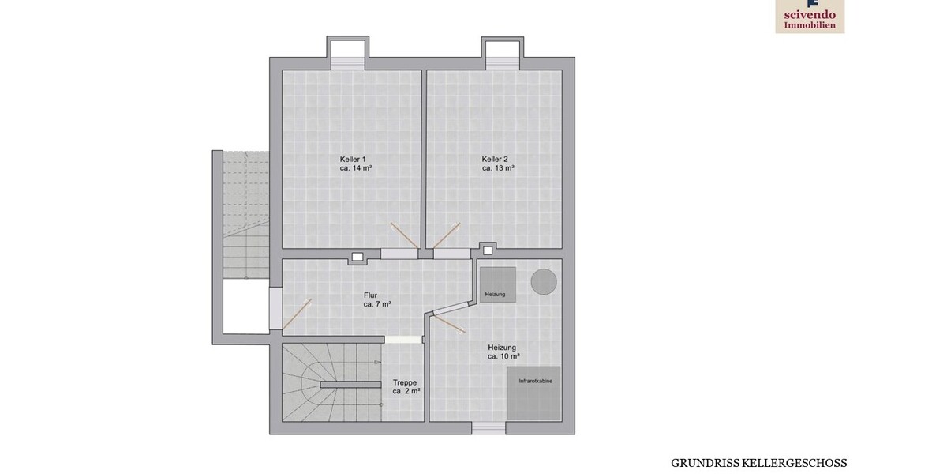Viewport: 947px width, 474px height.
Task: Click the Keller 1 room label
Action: point(353,159)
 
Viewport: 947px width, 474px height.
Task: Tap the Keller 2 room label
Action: point(495,159)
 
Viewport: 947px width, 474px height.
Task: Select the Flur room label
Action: point(370,295)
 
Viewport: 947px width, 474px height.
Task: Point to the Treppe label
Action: point(405,382)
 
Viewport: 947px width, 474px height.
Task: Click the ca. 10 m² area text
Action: point(503,356)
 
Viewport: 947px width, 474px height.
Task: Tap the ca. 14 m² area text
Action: point(356,168)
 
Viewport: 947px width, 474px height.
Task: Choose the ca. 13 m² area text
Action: point(498,168)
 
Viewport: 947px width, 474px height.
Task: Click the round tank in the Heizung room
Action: point(544,281)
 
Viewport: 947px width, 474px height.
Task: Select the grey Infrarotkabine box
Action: point(533,393)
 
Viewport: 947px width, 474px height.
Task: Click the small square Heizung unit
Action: point(498,284)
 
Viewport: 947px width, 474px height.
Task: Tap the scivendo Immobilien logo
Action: point(810,16)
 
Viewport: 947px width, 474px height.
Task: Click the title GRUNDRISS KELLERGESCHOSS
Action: point(759,463)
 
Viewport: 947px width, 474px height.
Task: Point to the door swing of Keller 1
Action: point(405,235)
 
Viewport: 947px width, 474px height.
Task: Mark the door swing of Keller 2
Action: point(447,235)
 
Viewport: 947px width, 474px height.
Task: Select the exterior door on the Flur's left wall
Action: point(275,309)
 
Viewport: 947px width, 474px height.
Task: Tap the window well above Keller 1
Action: point(347,53)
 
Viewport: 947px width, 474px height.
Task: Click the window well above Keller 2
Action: point(502,53)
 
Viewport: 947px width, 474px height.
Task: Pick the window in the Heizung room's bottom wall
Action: point(488,428)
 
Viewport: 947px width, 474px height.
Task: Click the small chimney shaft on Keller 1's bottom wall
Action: point(357,257)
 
